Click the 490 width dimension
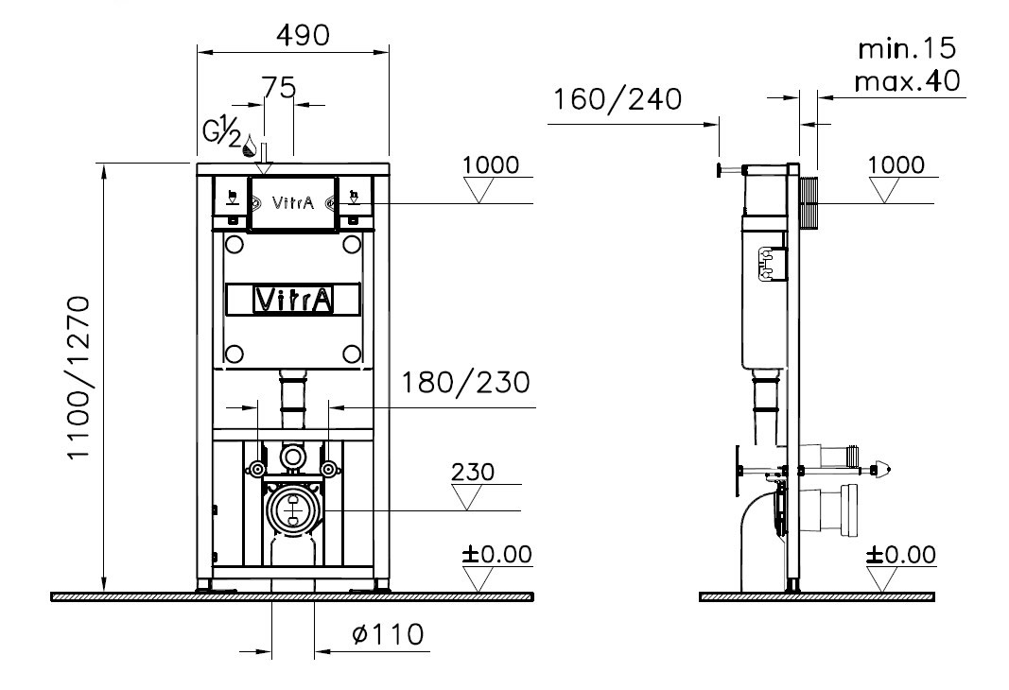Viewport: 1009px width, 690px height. pos(303,35)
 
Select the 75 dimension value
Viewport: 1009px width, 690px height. pos(278,87)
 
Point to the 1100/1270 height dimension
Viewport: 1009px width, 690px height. pos(78,377)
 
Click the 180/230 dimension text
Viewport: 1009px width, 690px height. pos(466,383)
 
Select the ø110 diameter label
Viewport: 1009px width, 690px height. pos(388,634)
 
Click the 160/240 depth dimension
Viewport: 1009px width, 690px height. pos(618,99)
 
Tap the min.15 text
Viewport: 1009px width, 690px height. pos(907,48)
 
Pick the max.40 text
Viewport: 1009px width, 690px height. pos(907,81)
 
